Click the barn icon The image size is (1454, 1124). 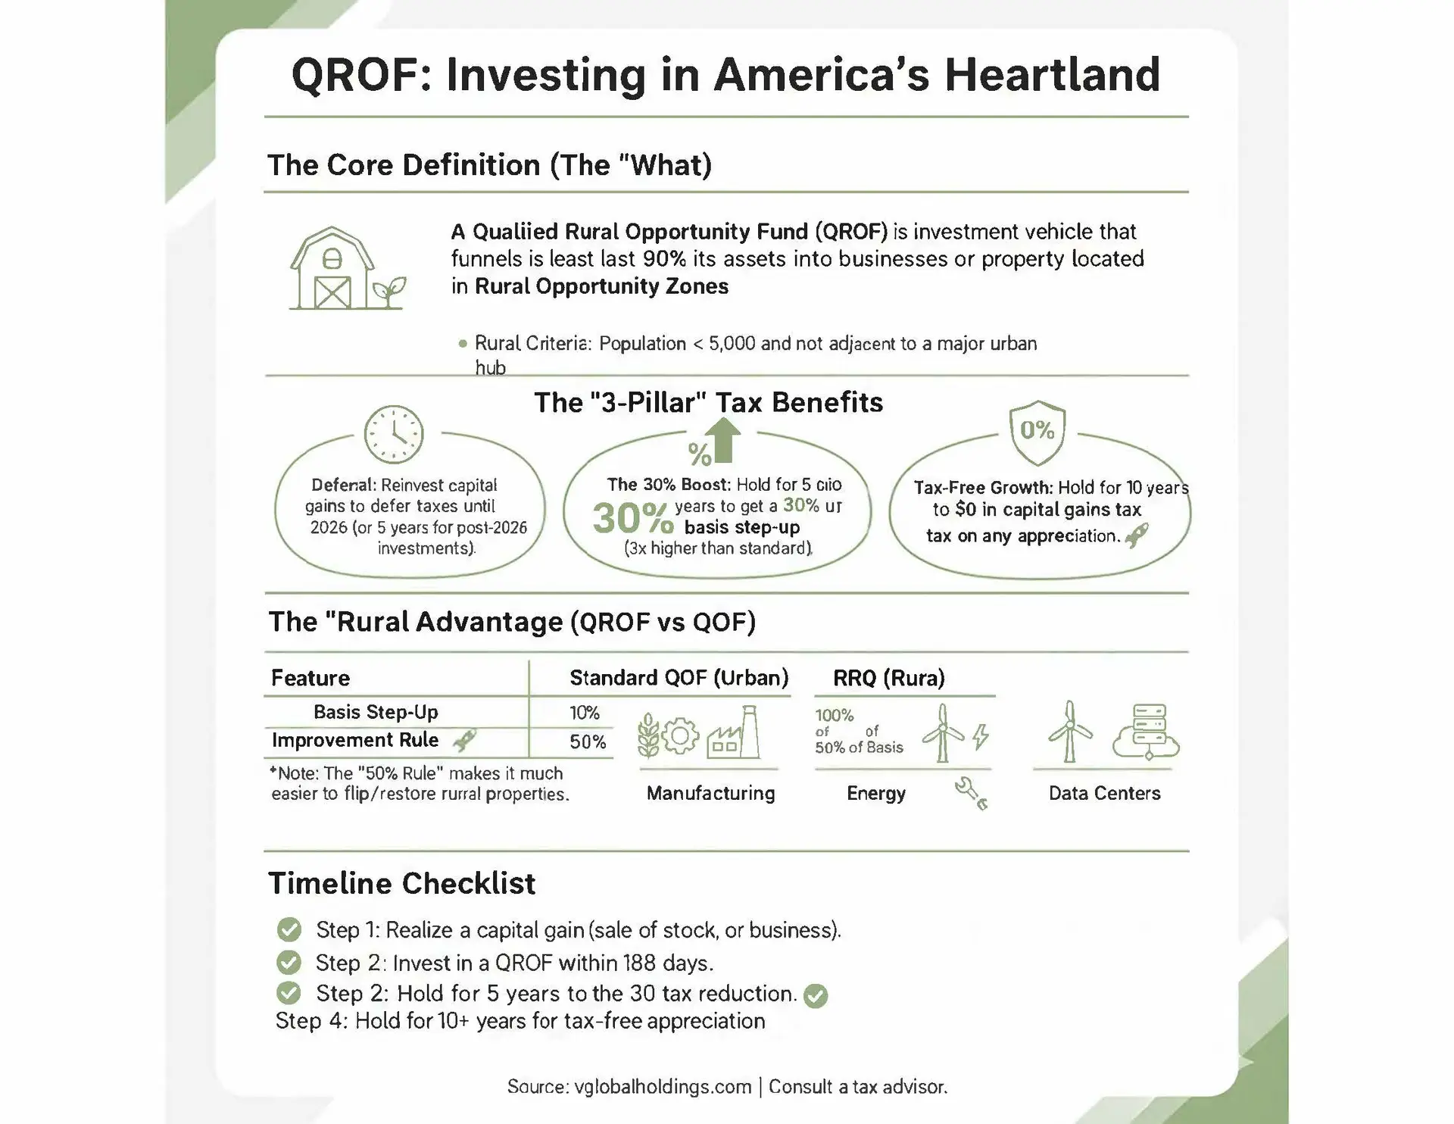tap(332, 269)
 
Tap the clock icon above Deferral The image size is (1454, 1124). tap(394, 434)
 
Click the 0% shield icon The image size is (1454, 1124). tap(1037, 432)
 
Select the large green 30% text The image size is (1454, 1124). tap(632, 518)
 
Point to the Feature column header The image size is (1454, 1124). tap(310, 678)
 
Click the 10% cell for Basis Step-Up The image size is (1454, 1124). tap(585, 713)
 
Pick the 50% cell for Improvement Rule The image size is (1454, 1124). tap(588, 742)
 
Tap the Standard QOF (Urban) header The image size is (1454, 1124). tap(679, 677)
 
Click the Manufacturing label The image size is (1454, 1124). tap(710, 793)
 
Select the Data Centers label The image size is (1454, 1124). tap(1104, 793)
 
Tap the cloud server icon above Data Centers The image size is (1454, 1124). tap(1146, 732)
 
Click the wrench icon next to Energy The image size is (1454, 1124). tap(971, 793)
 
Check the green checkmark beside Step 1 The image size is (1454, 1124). tap(289, 929)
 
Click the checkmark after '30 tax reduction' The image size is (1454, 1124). tap(816, 995)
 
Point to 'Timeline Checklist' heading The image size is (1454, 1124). tap(401, 883)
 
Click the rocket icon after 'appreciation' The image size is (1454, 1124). tap(1137, 535)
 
